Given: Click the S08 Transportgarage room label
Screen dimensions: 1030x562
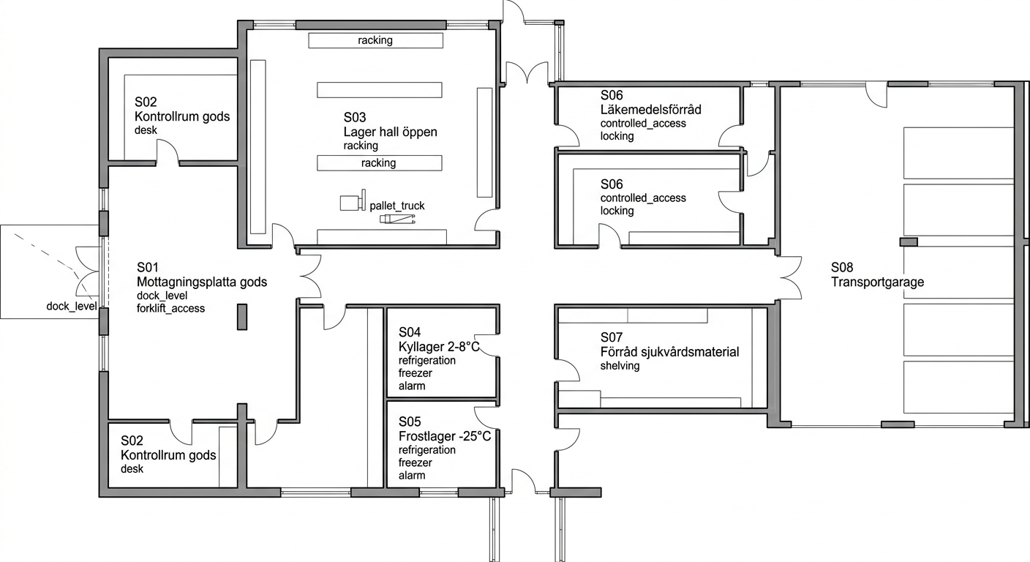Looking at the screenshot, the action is pos(877,274).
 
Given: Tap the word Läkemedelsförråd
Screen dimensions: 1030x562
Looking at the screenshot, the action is pos(650,110).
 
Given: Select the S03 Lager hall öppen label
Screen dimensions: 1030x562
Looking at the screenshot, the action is pos(390,124).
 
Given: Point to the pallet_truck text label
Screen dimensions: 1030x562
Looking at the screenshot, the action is pos(396,206).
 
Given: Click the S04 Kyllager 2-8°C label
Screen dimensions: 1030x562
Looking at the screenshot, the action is pos(439,340).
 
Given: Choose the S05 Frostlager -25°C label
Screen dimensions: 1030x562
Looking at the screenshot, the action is pos(445,429).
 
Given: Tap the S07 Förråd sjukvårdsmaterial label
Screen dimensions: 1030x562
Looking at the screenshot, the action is pos(669,345).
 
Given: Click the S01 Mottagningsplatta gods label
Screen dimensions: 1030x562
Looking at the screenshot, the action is pos(201,274).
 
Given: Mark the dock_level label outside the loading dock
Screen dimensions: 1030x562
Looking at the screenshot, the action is pos(71,307).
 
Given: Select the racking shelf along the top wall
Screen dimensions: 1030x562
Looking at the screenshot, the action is pos(375,40).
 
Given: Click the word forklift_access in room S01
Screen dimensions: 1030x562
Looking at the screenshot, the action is pos(170,308).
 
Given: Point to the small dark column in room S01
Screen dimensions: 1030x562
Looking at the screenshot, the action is pos(242,317).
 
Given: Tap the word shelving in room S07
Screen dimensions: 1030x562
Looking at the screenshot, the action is pos(620,366).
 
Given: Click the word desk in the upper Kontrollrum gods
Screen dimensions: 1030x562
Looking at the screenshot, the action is pos(146,130).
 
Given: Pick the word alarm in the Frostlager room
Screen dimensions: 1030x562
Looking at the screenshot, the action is pos(412,475).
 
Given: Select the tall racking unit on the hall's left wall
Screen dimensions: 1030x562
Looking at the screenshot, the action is pos(258,146).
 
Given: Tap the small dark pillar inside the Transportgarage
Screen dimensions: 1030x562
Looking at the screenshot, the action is pos(908,242).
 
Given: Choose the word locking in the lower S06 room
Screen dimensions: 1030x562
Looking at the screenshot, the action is pos(617,211).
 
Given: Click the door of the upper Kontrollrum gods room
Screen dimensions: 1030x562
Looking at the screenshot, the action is pos(168,151).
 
